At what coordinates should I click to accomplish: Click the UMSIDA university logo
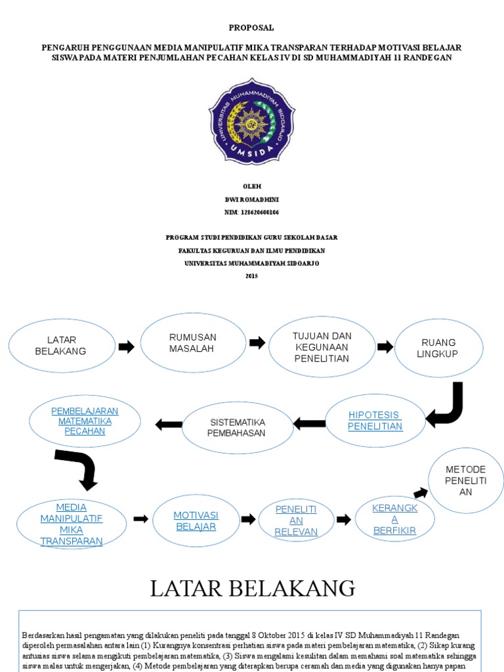point(251,125)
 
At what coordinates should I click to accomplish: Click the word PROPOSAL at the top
point(251,28)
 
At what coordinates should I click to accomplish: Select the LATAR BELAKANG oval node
point(62,346)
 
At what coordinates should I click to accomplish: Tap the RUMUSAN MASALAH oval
point(193,343)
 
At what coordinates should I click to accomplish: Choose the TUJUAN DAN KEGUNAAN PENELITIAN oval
point(322,347)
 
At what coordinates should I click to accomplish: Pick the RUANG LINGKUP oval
point(438,348)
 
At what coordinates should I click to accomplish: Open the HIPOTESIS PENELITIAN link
point(375,421)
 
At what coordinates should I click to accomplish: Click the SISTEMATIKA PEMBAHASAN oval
point(237,427)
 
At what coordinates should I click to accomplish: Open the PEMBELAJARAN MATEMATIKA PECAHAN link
point(85,421)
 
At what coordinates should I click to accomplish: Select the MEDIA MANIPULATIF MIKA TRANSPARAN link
point(71,524)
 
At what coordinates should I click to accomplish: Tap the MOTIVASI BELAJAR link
point(196,520)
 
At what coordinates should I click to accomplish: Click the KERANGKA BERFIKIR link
point(394,519)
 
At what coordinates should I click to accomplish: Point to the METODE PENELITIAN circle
point(465,480)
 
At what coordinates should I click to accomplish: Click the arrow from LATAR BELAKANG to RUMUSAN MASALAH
point(126,346)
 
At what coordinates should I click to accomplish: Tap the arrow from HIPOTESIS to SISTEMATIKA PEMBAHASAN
point(310,424)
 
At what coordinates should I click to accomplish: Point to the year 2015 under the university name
point(251,276)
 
